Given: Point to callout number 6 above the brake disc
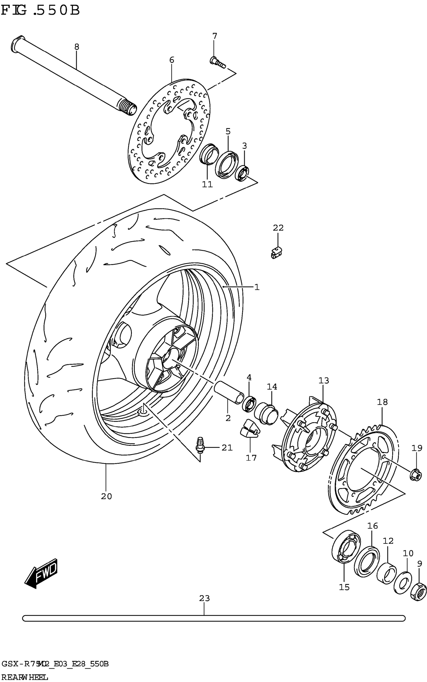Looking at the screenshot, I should (x=172, y=60).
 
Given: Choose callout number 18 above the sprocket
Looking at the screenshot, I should (x=382, y=402).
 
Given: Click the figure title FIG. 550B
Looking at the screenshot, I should (x=40, y=11).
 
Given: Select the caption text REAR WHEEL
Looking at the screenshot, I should (x=24, y=677).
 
